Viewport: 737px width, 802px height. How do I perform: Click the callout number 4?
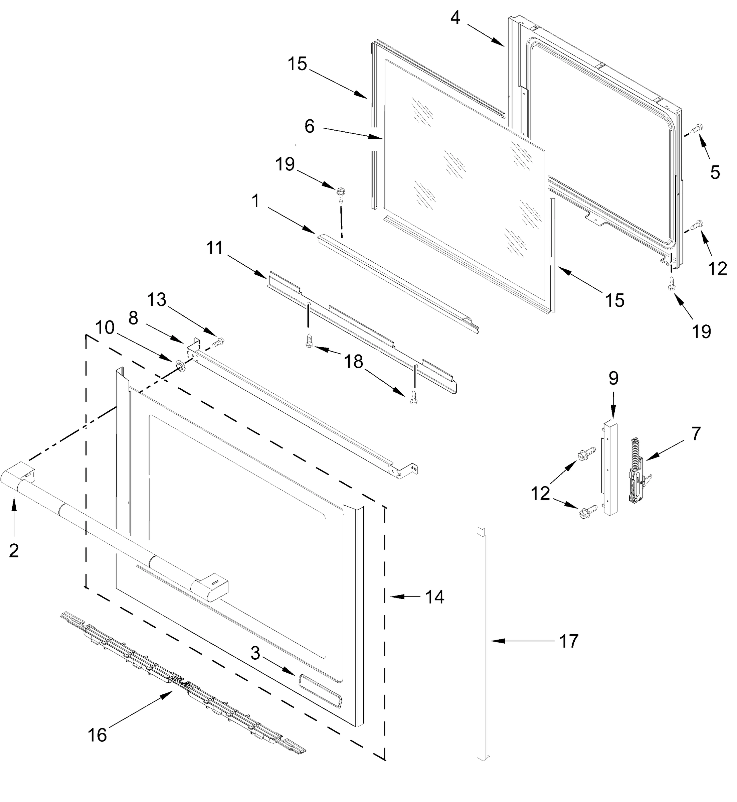tap(455, 18)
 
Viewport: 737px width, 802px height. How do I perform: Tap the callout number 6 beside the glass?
tap(310, 127)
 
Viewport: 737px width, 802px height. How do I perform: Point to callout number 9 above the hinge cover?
tap(613, 378)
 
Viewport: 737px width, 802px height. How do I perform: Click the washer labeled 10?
tap(181, 366)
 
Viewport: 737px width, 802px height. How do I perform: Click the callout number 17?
tap(569, 641)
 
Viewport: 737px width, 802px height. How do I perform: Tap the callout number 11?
tap(215, 248)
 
